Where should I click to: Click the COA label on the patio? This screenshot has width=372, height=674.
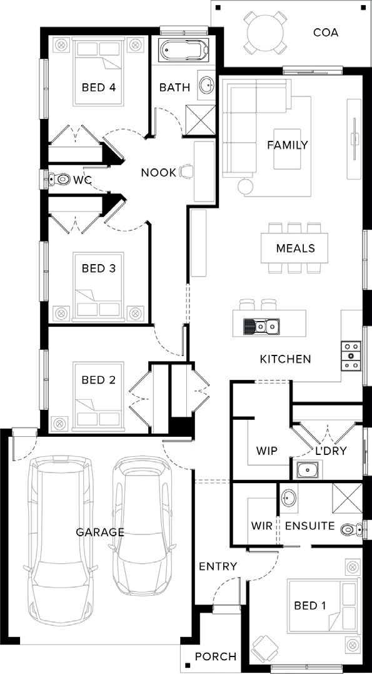coord(326,33)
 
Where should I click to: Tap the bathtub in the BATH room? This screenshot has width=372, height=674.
coord(184,50)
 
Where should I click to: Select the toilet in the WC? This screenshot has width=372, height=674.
coord(59,179)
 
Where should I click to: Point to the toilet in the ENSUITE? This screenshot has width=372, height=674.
coord(352,529)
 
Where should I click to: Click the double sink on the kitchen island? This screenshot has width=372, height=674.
coord(261,326)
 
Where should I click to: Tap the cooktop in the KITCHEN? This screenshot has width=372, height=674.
coord(351,356)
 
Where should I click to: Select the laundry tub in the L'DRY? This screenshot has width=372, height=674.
coord(308,470)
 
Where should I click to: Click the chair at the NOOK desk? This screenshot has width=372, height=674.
coord(187,171)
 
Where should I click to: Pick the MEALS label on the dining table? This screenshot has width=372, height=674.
coord(296,248)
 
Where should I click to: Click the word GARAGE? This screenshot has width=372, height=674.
coord(100,532)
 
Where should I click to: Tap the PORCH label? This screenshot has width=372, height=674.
coord(216,657)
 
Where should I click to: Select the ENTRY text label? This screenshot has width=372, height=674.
coord(218,566)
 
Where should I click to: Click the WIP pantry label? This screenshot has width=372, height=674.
coord(267,451)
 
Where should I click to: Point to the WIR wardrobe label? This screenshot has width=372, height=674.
coord(262,526)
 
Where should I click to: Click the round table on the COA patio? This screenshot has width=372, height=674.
coord(266,33)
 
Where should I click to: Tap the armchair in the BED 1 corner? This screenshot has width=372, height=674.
coord(264,648)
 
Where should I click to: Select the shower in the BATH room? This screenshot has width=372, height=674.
coord(200,120)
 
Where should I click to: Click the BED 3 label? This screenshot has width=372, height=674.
coord(99,268)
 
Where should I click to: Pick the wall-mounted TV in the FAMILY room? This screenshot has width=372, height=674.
coord(355,139)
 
